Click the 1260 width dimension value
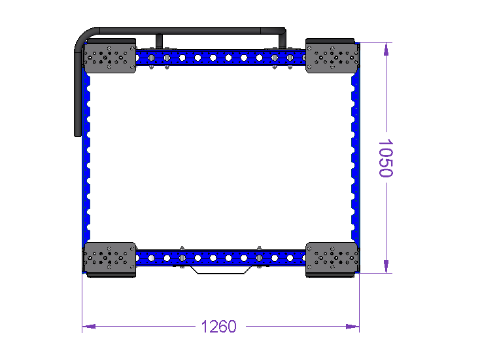tap(219, 327)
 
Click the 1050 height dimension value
tap(386, 158)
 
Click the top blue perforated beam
tap(221, 58)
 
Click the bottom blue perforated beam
tap(221, 258)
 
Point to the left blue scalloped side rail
tap(86, 158)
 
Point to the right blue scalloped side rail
tap(355, 158)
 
